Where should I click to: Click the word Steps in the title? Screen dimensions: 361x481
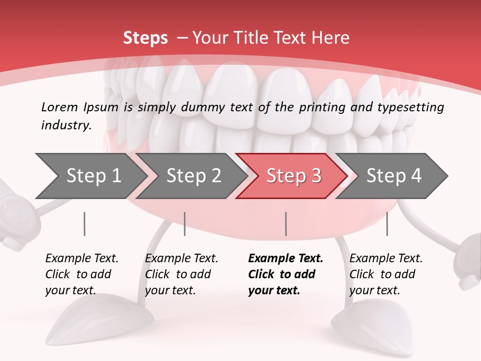pos(145,38)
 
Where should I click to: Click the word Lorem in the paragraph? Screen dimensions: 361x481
pos(60,107)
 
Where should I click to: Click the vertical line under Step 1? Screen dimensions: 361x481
pos(85,224)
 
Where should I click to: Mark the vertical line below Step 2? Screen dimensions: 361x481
pos(185,224)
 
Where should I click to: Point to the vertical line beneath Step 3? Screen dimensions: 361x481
pos(286,224)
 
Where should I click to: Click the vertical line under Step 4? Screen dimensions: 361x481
pos(387,224)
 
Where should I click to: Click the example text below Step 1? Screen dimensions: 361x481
pos(82,274)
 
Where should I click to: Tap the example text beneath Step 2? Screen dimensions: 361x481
pos(181,274)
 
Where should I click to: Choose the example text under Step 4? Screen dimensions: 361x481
pos(386,274)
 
